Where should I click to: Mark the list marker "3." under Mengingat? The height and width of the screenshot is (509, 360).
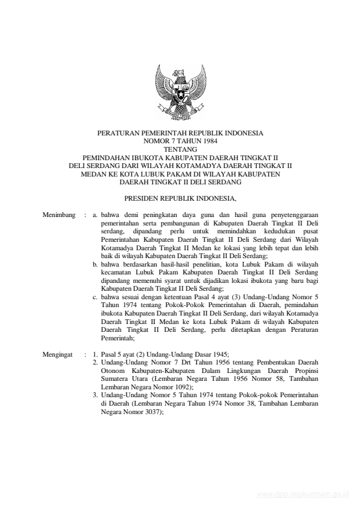[x=96, y=394]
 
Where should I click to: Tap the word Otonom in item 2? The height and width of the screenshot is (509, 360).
[x=112, y=371]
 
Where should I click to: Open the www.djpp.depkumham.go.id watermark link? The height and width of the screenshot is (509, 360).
[x=303, y=493]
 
